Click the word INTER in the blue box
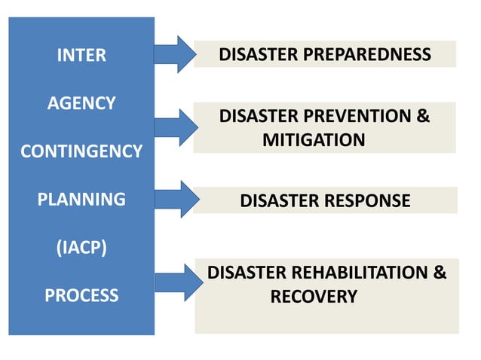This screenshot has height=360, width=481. [x=81, y=55]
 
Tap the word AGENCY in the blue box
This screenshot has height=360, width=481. [x=81, y=103]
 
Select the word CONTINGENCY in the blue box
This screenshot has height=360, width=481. [x=81, y=151]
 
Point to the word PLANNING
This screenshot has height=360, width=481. [x=81, y=200]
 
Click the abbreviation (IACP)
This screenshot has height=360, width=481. [x=81, y=248]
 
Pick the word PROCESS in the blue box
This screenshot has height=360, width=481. [x=81, y=295]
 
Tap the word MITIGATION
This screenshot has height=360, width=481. [x=314, y=140]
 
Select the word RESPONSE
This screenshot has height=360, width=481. [x=367, y=201]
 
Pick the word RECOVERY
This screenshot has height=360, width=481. [x=314, y=297]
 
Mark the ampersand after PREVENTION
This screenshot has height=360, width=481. [x=423, y=117]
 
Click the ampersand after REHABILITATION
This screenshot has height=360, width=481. [x=440, y=273]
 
